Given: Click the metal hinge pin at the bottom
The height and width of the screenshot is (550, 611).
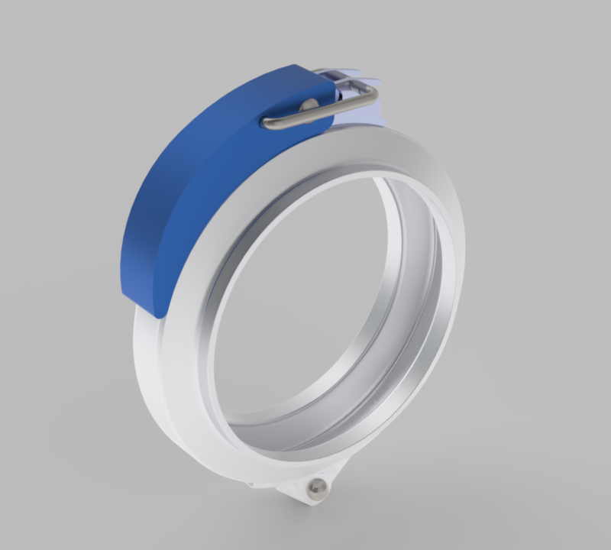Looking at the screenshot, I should (x=318, y=487).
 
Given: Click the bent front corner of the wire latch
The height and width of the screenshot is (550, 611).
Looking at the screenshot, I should (x=373, y=93).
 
